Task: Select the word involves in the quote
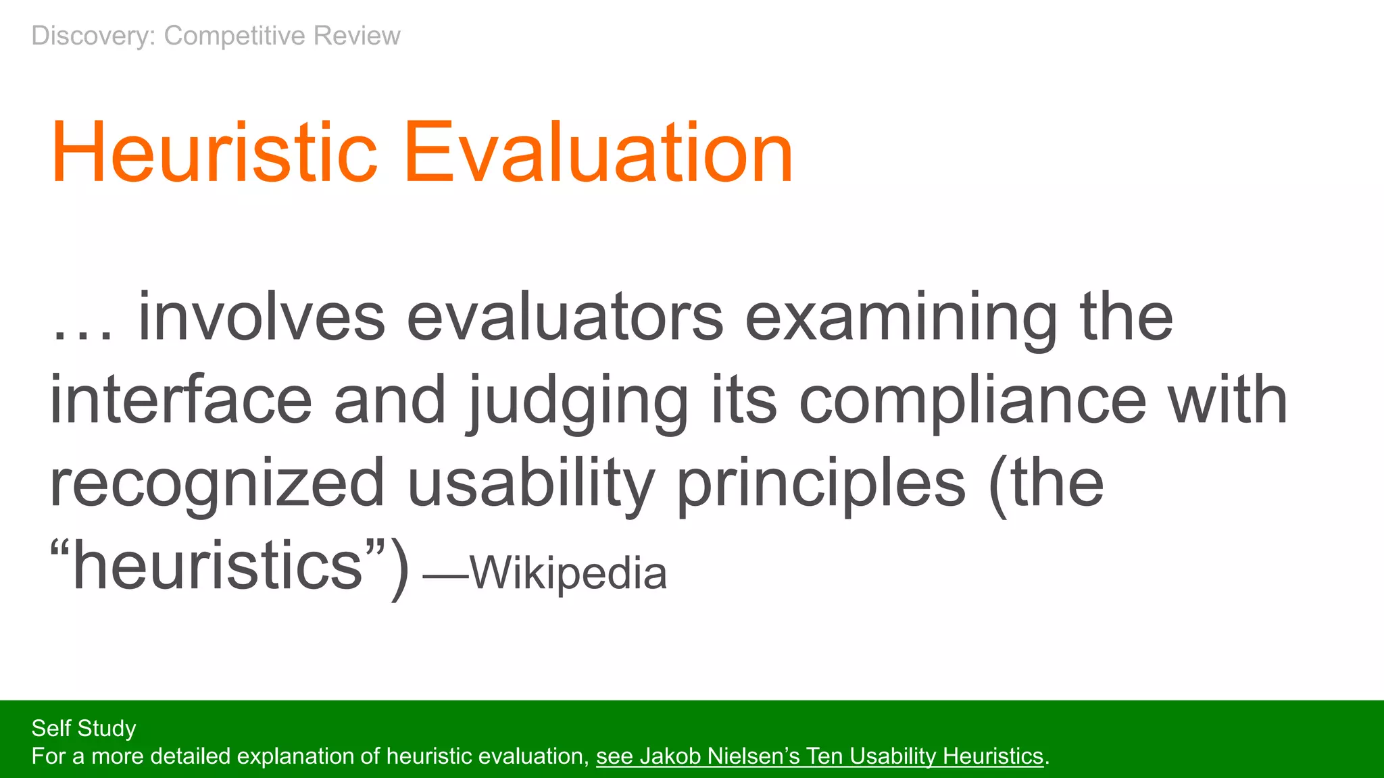click(x=262, y=317)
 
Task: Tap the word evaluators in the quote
click(x=565, y=317)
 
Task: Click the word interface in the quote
click(x=181, y=400)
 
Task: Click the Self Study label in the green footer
click(x=84, y=728)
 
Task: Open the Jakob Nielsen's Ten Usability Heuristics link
click(x=820, y=756)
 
